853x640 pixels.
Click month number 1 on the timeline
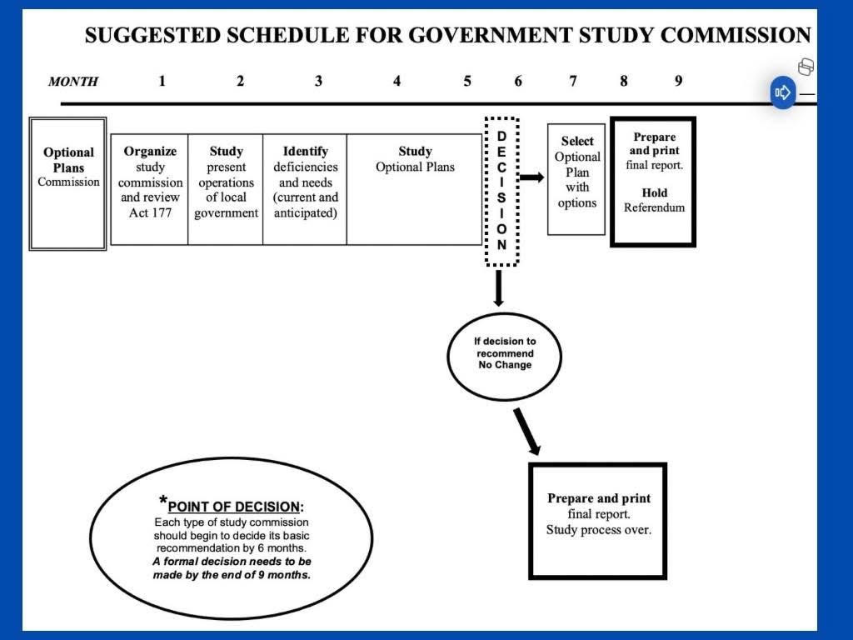point(162,81)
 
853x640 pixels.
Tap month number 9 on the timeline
point(678,81)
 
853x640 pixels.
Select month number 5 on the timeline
point(467,81)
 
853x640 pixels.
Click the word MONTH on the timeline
point(73,82)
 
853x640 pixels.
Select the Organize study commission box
point(150,189)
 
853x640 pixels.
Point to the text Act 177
point(150,212)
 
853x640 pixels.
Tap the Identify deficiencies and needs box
point(305,189)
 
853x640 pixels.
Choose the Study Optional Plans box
point(415,189)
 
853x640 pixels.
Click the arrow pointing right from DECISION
point(532,177)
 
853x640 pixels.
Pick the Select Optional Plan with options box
point(576,180)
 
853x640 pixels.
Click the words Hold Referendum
point(655,200)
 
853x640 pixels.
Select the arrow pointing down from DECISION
point(498,287)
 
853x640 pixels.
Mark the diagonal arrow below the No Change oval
point(527,432)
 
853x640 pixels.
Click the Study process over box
point(598,521)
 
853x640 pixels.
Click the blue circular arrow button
point(783,92)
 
